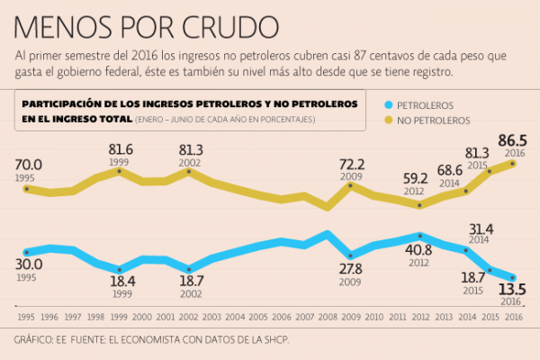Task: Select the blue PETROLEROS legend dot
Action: click(x=387, y=105)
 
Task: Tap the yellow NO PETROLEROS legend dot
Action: click(x=387, y=121)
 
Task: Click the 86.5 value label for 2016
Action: click(x=514, y=141)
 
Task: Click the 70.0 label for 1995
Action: click(x=28, y=165)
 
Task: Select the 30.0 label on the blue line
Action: click(x=28, y=265)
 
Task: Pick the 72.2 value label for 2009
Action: click(x=351, y=165)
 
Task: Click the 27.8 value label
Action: click(x=351, y=268)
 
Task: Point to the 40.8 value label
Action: click(x=419, y=249)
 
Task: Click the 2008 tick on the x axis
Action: click(x=328, y=316)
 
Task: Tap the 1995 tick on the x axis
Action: click(x=26, y=316)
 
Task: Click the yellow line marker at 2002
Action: click(x=189, y=171)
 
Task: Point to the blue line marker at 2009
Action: click(x=351, y=256)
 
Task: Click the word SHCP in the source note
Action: click(x=274, y=342)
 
